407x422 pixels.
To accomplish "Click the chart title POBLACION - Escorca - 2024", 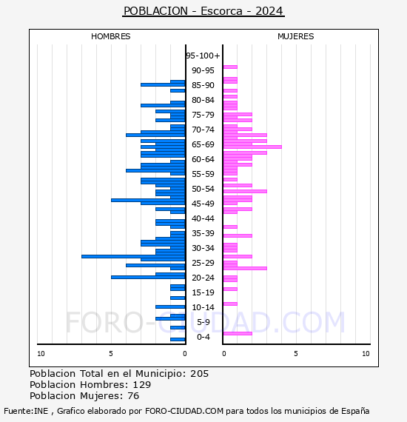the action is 203,11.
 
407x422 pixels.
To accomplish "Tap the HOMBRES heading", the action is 110,36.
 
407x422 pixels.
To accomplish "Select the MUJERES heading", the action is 296,36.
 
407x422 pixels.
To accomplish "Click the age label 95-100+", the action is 203,56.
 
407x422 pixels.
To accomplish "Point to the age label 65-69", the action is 203,144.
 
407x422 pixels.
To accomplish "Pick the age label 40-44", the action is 203,218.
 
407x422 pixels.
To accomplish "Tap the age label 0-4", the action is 203,337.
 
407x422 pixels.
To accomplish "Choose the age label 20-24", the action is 203,278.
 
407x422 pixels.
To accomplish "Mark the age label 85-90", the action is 203,85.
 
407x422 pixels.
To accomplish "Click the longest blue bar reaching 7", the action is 133,256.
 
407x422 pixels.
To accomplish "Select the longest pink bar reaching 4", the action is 252,147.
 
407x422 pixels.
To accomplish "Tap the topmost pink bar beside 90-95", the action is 230,67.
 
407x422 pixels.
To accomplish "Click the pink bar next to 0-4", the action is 238,333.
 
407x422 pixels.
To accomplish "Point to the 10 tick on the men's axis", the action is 41,354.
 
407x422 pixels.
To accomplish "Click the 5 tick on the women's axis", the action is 296,354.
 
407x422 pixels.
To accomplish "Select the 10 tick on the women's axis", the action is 366,354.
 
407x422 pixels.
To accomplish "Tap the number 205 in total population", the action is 199,374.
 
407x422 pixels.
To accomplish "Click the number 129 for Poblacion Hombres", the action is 142,384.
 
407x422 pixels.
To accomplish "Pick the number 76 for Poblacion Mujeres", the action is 133,395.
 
